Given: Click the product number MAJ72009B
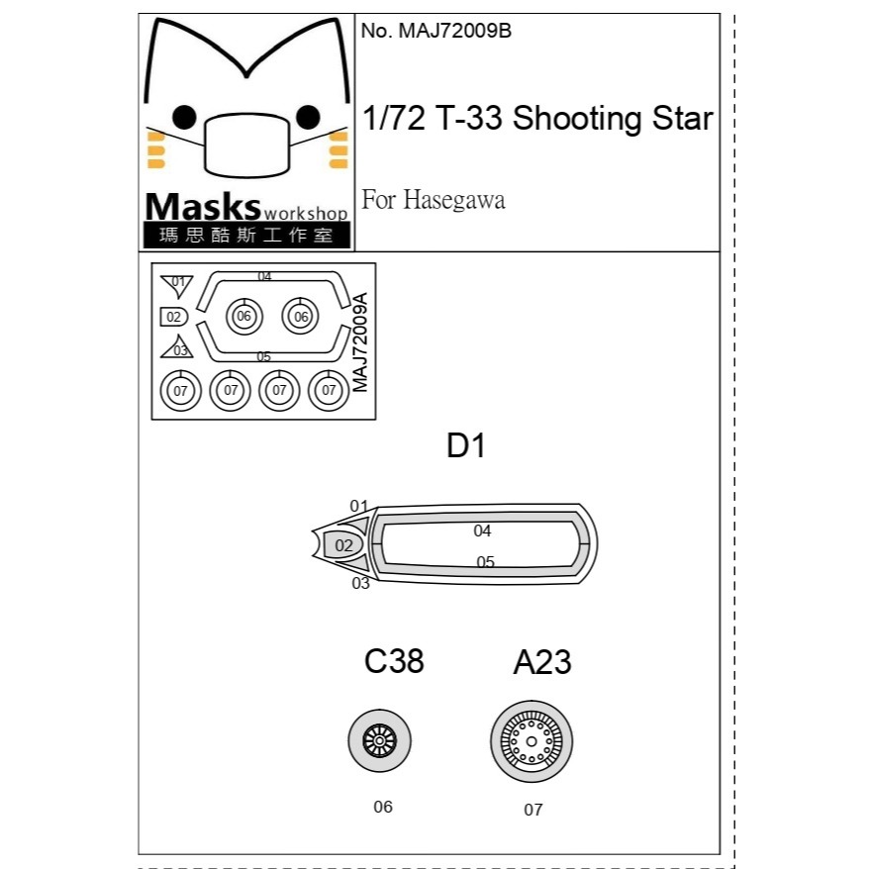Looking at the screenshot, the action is click(435, 31).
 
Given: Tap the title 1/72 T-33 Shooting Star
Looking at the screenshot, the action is click(537, 118).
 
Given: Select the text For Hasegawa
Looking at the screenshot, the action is click(433, 200).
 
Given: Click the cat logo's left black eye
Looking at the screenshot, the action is click(184, 117).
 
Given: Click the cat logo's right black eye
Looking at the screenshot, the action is click(308, 117).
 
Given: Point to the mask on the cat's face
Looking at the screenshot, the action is click(247, 145).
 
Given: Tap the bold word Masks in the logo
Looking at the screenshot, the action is click(203, 207).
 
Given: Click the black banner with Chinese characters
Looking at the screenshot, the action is click(246, 235).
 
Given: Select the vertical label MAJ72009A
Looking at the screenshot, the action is click(360, 341).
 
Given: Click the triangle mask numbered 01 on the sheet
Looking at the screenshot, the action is click(177, 284).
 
